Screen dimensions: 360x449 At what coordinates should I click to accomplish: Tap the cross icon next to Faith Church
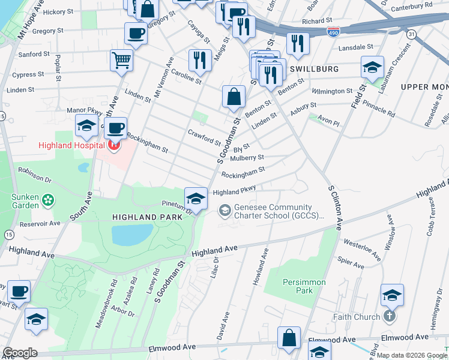click(390, 317)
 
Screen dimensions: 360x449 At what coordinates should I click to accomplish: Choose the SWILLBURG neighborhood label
click(314, 69)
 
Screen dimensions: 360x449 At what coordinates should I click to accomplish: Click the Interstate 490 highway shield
click(332, 30)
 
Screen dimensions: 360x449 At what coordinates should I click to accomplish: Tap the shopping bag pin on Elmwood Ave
click(289, 337)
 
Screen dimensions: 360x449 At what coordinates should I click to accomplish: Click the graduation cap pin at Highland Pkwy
click(195, 197)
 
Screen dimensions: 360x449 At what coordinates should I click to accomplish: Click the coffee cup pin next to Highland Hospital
click(115, 127)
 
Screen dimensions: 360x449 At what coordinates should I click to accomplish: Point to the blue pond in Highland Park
click(133, 235)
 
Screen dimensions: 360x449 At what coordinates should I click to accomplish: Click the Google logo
click(19, 353)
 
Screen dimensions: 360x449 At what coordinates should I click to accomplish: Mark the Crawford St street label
click(204, 137)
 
